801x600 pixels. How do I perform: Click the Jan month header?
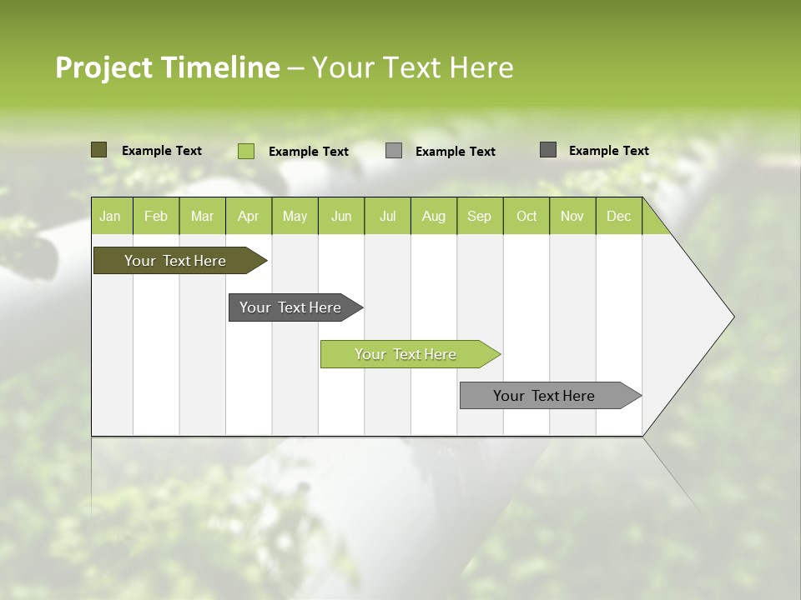[111, 216]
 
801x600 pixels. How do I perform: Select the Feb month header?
[156, 216]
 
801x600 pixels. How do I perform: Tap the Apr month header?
[248, 216]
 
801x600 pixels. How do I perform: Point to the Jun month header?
[341, 216]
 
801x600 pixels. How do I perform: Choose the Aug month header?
[433, 216]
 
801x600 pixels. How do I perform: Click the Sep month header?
[479, 216]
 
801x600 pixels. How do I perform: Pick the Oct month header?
[526, 216]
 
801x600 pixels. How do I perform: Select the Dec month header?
[618, 216]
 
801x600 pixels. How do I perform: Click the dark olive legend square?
[98, 150]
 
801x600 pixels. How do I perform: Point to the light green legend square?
[245, 151]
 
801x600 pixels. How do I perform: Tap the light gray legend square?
[394, 151]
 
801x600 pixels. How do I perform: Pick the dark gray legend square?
[548, 150]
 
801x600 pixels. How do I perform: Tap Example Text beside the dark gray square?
[608, 151]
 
